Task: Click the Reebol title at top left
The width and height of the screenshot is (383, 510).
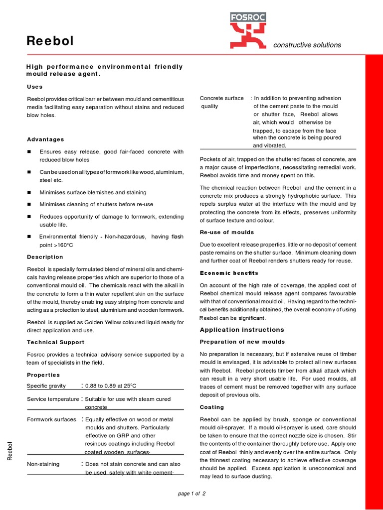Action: tap(50, 41)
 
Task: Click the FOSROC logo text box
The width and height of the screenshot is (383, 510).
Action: tap(248, 17)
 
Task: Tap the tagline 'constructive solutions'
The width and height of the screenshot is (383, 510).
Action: tap(307, 45)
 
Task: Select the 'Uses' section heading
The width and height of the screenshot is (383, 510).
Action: tap(34, 87)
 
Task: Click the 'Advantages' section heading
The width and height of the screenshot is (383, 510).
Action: tap(45, 139)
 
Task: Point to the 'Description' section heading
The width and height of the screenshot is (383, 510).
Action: tap(45, 257)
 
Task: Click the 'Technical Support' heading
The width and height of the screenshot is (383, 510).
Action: tap(55, 342)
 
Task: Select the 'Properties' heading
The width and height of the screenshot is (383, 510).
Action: tap(43, 375)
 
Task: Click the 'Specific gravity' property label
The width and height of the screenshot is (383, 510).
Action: tap(46, 386)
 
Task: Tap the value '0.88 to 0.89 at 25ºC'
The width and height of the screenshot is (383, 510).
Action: tap(111, 386)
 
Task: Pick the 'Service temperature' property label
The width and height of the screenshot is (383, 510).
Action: tap(53, 399)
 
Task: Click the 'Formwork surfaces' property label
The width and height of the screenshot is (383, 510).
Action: tap(51, 419)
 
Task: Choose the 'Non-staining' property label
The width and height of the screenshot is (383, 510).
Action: tap(43, 464)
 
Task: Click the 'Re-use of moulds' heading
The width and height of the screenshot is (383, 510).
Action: tap(227, 232)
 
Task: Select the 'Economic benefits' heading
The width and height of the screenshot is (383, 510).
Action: tap(229, 273)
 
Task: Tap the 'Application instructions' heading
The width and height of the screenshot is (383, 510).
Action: tap(242, 330)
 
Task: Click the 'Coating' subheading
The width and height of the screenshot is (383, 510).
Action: tap(212, 407)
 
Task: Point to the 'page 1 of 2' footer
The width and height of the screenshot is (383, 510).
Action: tap(191, 493)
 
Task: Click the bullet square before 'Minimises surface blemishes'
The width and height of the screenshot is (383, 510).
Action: tap(29, 192)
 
